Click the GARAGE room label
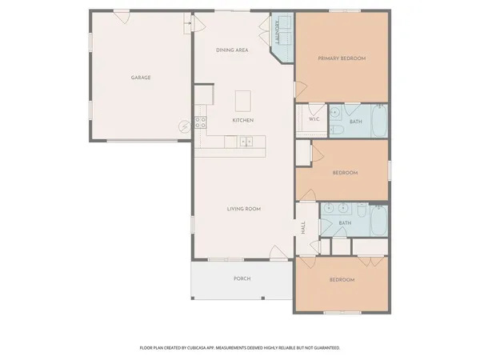141,78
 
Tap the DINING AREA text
233,50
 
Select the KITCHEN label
242,120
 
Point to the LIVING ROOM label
244,209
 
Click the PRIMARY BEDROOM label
342,58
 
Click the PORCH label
242,278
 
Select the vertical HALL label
303,227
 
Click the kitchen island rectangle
244,101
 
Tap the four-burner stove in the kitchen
200,122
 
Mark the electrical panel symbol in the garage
183,125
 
